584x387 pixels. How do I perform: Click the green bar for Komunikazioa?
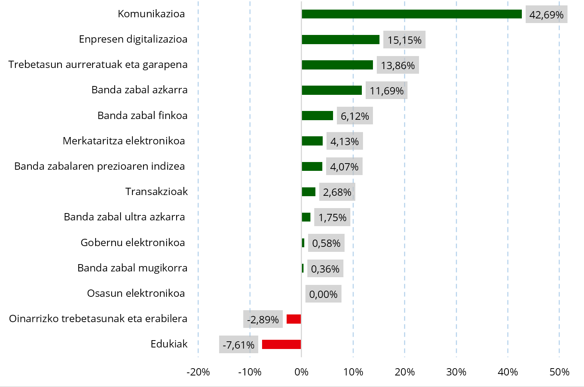412,14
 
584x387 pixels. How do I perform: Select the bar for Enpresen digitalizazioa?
340,40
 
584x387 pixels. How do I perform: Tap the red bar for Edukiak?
281,344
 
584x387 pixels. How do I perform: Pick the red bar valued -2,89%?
294,319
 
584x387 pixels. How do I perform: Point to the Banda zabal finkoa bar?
317,116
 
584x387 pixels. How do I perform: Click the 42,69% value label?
546,15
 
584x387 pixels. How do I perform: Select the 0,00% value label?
323,294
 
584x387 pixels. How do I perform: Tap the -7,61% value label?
238,345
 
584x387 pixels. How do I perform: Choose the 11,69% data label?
386,91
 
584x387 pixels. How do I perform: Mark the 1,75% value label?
332,218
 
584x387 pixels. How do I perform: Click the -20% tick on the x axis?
198,372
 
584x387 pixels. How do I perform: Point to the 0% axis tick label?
302,372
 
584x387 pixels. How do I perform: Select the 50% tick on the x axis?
559,372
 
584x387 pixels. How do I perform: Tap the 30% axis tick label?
456,372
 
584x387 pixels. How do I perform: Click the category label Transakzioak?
157,192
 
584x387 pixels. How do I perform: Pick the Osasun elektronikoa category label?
136,293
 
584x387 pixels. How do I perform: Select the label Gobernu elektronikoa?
133,243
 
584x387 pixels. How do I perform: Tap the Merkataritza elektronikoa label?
124,141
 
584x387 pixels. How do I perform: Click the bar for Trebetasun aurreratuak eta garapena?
337,65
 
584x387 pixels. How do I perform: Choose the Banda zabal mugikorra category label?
132,268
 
